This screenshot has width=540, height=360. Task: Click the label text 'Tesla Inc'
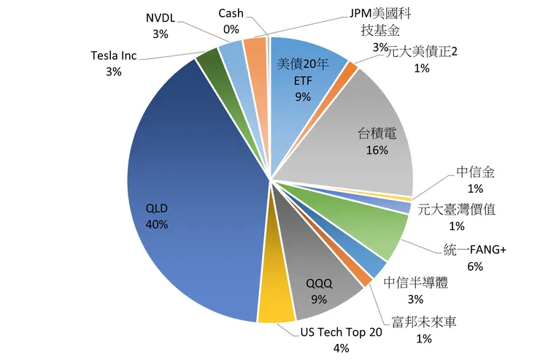click(113, 56)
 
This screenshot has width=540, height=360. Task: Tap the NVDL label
click(161, 18)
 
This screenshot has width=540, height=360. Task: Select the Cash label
click(231, 14)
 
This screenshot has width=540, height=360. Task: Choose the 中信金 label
click(476, 172)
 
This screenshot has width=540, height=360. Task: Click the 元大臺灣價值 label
click(457, 210)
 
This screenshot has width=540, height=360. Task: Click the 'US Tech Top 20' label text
click(342, 333)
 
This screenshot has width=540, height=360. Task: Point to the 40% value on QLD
click(157, 224)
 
